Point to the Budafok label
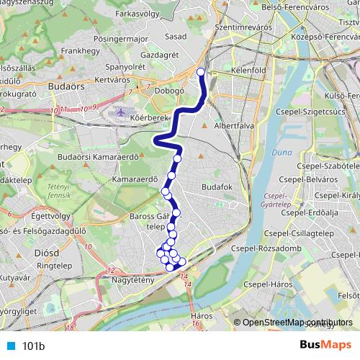pyautogui.click(x=215, y=186)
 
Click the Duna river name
pyautogui.click(x=277, y=153)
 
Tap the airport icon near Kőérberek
pyautogui.click(x=120, y=113)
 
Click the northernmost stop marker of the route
pyautogui.click(x=201, y=71)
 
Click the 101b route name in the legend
pyautogui.click(x=33, y=346)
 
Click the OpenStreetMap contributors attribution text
pyautogui.click(x=297, y=323)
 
